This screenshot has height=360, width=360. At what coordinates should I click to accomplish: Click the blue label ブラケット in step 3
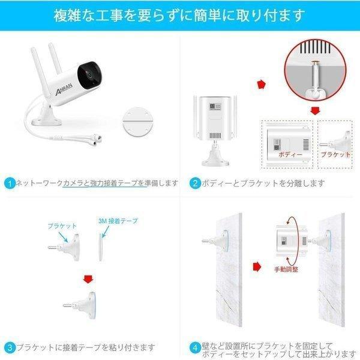pyautogui.click(x=61, y=226)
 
